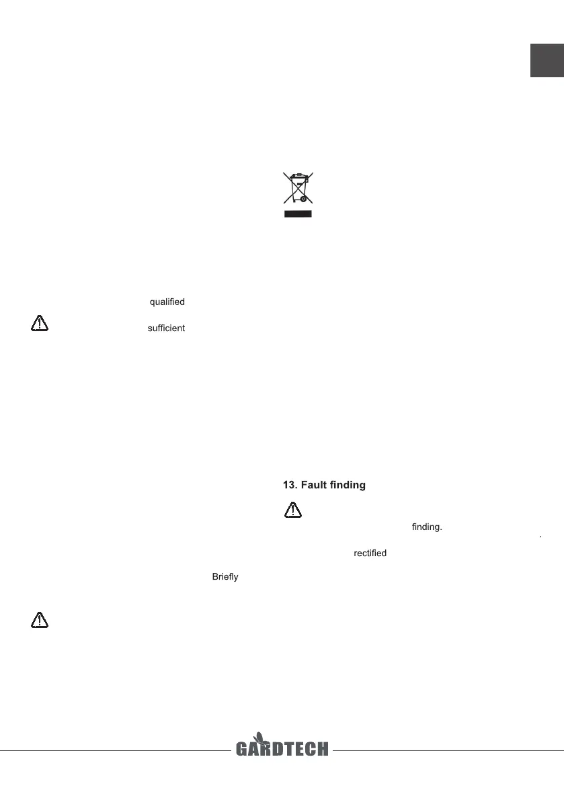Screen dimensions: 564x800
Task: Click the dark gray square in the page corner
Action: click(547, 61)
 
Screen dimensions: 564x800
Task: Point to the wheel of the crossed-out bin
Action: click(304, 199)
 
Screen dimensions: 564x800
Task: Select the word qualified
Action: click(167, 302)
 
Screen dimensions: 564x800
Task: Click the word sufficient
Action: click(166, 329)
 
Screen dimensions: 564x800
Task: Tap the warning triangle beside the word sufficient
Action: click(40, 324)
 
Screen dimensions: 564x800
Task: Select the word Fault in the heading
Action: click(319, 484)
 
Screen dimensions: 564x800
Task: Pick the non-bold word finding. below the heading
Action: click(426, 527)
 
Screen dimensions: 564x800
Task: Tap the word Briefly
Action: click(225, 578)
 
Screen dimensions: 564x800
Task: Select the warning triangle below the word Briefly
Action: click(40, 620)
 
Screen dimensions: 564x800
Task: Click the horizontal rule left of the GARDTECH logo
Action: click(114, 750)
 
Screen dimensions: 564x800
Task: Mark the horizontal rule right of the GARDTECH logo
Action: click(447, 750)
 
